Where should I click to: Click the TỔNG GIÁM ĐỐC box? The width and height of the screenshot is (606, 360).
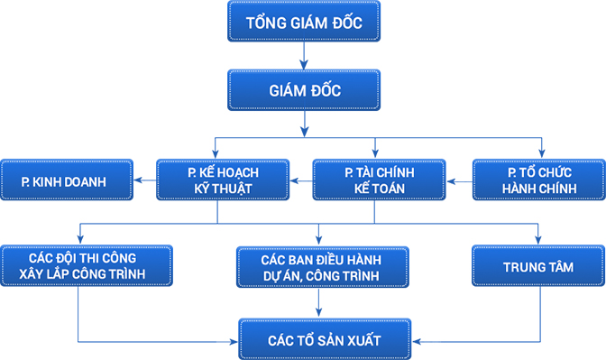pos(304,23)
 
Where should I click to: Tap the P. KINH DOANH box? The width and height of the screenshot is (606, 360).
pos(67,180)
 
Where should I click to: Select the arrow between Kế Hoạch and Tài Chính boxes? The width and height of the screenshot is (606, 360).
pos(300,180)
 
